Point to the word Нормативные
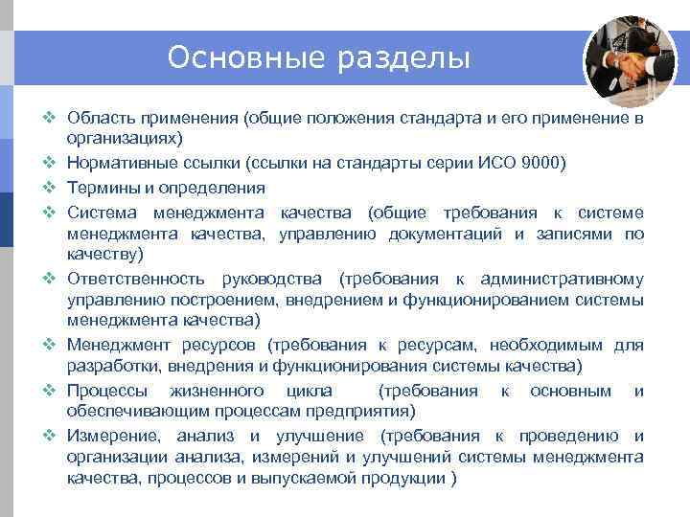(123, 163)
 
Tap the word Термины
(102, 187)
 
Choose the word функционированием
(502, 301)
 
